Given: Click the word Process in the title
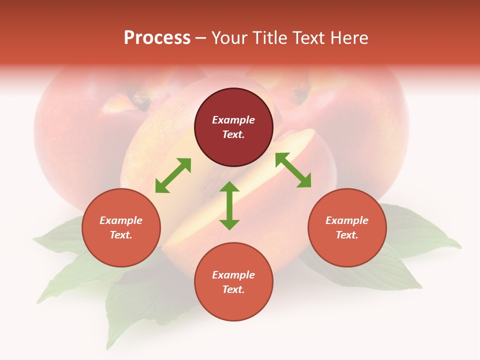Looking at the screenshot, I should (157, 38).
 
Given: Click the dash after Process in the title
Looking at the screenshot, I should (201, 38).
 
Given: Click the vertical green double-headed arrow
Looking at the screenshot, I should (229, 205).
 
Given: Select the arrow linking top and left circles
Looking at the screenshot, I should (173, 175).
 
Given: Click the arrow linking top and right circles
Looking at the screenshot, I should (293, 170).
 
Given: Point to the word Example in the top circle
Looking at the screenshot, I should (233, 120).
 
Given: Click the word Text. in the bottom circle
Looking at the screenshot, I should (233, 289).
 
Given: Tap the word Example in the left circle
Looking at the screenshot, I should (121, 220).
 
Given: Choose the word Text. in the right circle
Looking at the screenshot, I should (347, 235).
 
